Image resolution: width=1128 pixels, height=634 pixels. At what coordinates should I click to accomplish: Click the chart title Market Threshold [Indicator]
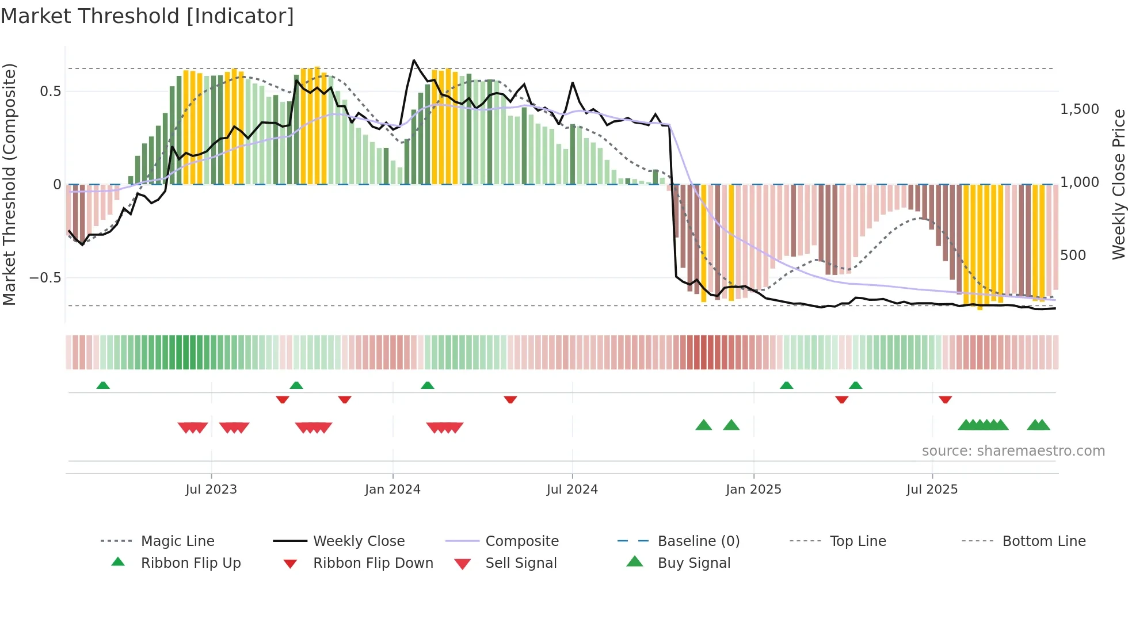pyautogui.click(x=147, y=16)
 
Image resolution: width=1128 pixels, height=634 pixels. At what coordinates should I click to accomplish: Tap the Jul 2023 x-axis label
pyautogui.click(x=211, y=490)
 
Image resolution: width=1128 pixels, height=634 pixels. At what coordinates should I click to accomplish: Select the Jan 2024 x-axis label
pyautogui.click(x=392, y=490)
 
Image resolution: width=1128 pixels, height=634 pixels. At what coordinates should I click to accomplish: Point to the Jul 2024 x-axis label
pyautogui.click(x=572, y=490)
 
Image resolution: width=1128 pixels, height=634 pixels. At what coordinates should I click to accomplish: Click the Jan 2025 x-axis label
pyautogui.click(x=753, y=490)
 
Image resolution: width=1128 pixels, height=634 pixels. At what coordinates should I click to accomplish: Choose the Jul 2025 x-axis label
pyautogui.click(x=932, y=490)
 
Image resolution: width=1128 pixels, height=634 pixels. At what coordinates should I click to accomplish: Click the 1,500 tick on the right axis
pyautogui.click(x=1080, y=109)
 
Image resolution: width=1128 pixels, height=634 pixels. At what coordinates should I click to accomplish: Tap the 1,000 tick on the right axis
pyautogui.click(x=1080, y=182)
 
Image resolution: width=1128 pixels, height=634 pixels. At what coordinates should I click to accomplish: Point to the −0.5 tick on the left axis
pyautogui.click(x=45, y=278)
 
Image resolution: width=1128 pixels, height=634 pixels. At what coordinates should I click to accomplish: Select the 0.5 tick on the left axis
pyautogui.click(x=50, y=91)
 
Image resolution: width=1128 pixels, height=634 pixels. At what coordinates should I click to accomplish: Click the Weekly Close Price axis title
pyautogui.click(x=1118, y=184)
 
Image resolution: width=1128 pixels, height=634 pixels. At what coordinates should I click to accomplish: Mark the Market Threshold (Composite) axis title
pyautogui.click(x=9, y=184)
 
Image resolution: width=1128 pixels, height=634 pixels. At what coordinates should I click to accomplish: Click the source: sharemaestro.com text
pyautogui.click(x=1013, y=451)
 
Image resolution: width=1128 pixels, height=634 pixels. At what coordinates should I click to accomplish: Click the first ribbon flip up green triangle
pyautogui.click(x=103, y=385)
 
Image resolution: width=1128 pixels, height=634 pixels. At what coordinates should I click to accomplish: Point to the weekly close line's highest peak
pyautogui.click(x=414, y=60)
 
